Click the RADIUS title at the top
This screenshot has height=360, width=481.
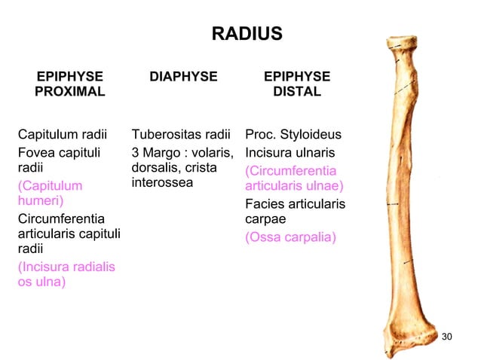click(x=247, y=34)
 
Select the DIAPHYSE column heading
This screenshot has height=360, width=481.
click(x=183, y=76)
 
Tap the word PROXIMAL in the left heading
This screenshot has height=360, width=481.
click(x=70, y=92)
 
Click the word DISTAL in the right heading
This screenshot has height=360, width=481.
click(x=296, y=92)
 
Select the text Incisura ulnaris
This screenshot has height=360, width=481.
click(x=290, y=152)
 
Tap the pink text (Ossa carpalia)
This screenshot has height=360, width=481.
click(x=290, y=237)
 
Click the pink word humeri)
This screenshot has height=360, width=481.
click(x=41, y=201)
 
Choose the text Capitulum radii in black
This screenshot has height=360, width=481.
click(x=63, y=136)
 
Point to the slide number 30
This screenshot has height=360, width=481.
click(x=446, y=335)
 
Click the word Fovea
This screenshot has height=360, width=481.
click(x=36, y=152)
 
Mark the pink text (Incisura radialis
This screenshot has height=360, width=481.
click(x=66, y=267)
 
